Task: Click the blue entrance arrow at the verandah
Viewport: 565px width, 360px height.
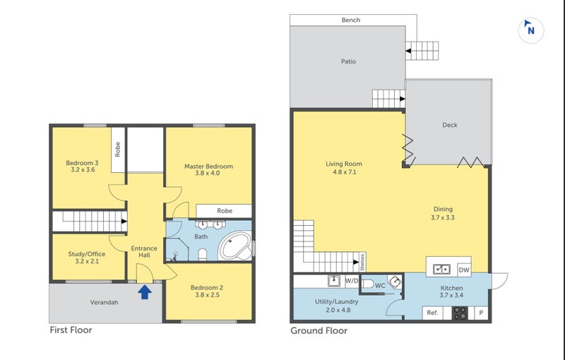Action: point(145,292)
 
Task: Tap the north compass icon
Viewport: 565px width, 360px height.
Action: point(531,30)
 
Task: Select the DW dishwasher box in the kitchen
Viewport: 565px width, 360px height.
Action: point(464,270)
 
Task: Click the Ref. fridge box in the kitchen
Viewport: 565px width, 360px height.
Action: point(432,313)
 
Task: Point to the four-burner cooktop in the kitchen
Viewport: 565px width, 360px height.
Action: point(460,313)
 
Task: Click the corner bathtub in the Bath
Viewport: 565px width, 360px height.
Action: point(236,246)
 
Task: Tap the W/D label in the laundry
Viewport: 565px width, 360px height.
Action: point(352,281)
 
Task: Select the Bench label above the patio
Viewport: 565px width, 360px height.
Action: point(351,20)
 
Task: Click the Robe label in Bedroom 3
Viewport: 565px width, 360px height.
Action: point(117,149)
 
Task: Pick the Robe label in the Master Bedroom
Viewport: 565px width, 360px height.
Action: point(225,211)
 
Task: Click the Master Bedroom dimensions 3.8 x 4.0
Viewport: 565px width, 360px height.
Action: point(208,173)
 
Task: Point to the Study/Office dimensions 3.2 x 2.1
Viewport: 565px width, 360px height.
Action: point(87,261)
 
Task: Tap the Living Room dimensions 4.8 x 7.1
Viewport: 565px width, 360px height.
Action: point(345,172)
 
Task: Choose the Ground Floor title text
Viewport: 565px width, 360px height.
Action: point(319,331)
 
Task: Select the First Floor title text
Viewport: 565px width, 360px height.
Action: point(71,330)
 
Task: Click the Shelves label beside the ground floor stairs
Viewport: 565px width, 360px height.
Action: point(362,262)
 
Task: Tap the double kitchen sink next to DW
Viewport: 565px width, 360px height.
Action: point(441,269)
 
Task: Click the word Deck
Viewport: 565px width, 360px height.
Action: point(450,125)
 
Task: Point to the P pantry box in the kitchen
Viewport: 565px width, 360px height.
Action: point(481,313)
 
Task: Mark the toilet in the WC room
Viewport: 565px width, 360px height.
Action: point(367,284)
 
